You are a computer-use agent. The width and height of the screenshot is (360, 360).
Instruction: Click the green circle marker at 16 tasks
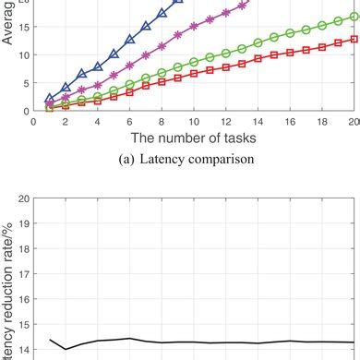click(290, 32)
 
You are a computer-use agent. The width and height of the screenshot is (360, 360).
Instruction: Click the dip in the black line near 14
click(65, 348)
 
